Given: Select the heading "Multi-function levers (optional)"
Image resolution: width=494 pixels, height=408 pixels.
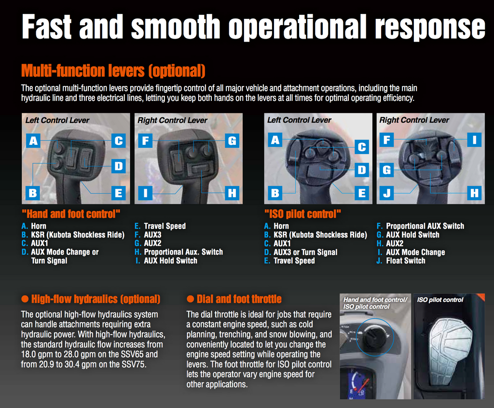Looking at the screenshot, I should coord(113,71).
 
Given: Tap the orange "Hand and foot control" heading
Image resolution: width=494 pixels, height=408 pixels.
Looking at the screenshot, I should coord(70,214).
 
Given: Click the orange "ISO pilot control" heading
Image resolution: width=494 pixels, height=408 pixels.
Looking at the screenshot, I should coord(302,214).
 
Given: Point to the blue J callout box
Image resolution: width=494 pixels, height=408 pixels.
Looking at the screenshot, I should coord(386,193).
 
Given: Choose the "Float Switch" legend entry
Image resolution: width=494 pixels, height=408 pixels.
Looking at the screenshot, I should coord(405,261).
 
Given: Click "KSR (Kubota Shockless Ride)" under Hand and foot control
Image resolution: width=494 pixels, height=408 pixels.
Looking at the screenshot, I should coord(77,235).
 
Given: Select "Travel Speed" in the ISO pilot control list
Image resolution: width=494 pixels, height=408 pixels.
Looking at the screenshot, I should coord(294,261).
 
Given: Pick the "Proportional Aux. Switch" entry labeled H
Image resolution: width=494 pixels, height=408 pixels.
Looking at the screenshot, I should coord(183,252).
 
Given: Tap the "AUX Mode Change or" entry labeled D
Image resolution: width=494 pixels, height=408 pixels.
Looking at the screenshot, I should coord(64,252).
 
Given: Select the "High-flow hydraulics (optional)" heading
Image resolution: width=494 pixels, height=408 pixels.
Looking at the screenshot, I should coord(95,299).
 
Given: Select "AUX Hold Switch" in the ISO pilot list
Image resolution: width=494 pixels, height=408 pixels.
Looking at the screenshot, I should coord(412,235).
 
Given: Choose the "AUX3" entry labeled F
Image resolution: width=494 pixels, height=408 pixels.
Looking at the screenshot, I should coord(153,235).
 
